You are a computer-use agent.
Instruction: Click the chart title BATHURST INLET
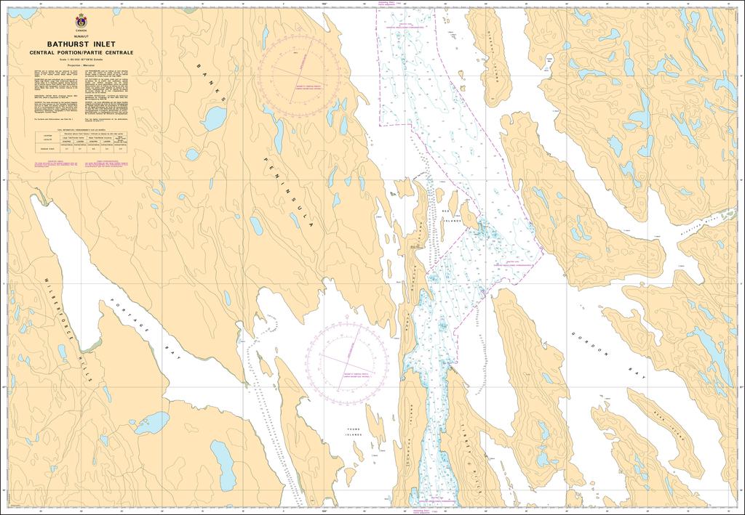[80, 44]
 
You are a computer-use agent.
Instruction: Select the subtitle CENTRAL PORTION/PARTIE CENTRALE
[80, 52]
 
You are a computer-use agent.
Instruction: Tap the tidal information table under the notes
[80, 142]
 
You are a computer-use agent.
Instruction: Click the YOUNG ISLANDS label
[354, 433]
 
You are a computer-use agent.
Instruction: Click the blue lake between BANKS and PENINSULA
[214, 118]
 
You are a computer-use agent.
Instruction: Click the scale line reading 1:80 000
[80, 60]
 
